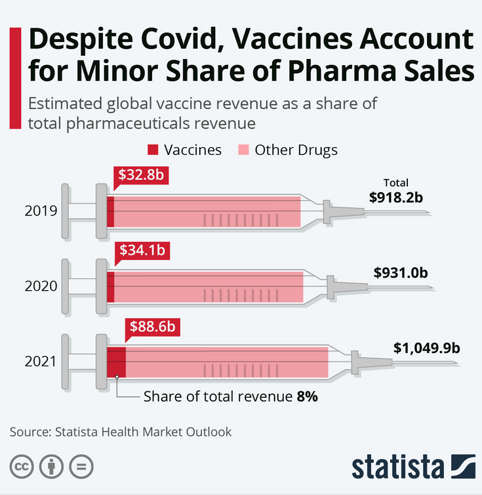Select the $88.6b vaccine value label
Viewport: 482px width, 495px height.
pyautogui.click(x=152, y=326)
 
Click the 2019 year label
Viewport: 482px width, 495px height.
pyautogui.click(x=41, y=211)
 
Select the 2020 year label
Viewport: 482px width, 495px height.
pyautogui.click(x=41, y=286)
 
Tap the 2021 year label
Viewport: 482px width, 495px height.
pyautogui.click(x=41, y=362)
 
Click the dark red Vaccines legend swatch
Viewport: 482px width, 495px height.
pyautogui.click(x=153, y=150)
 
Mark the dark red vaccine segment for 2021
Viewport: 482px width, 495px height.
pyautogui.click(x=116, y=362)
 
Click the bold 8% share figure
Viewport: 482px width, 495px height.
pyautogui.click(x=307, y=397)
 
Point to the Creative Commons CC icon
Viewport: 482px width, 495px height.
pyautogui.click(x=23, y=467)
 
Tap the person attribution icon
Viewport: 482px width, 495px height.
pyautogui.click(x=52, y=467)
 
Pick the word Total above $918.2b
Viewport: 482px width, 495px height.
pyautogui.click(x=395, y=183)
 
